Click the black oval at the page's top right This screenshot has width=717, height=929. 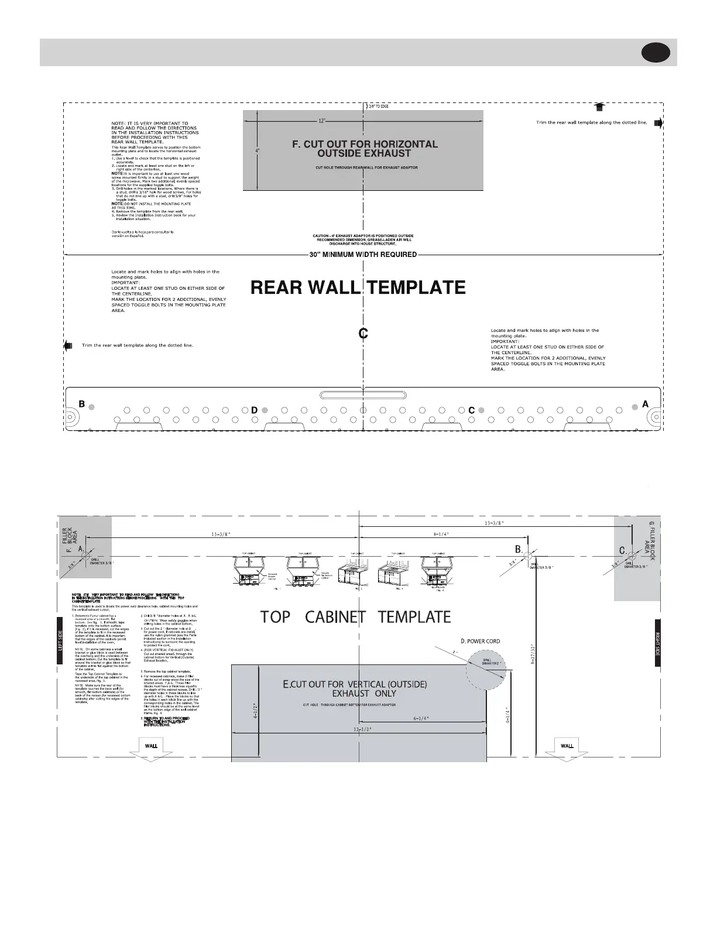tap(656, 53)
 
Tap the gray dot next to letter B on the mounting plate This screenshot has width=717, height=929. tap(91, 404)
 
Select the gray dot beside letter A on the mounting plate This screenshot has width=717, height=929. tap(635, 404)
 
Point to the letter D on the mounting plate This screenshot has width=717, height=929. tap(254, 410)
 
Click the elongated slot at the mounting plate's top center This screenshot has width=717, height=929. tap(363, 395)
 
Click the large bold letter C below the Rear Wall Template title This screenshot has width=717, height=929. tap(363, 334)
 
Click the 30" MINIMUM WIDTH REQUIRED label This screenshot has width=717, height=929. tap(363, 255)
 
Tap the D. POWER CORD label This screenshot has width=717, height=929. tap(480, 641)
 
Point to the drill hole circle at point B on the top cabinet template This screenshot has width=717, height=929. tap(527, 554)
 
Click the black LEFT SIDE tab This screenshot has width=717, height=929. tap(60, 640)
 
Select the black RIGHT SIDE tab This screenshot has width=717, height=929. tap(657, 642)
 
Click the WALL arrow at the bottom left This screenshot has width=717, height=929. tap(150, 748)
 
